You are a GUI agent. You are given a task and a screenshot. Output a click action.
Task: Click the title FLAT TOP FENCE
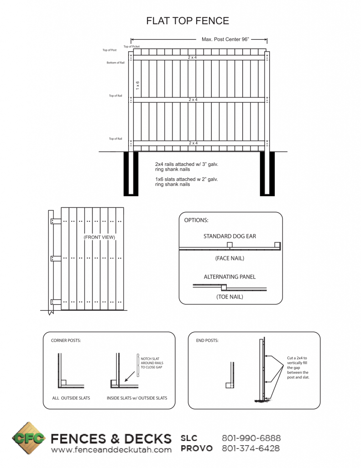click(187, 21)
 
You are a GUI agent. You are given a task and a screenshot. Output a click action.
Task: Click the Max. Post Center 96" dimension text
click(225, 39)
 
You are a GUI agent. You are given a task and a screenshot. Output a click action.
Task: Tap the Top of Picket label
click(131, 47)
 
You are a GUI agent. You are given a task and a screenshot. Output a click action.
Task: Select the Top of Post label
click(110, 50)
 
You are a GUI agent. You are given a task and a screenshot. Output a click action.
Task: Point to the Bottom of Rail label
click(115, 63)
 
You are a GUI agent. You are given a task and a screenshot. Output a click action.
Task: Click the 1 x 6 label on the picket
click(137, 85)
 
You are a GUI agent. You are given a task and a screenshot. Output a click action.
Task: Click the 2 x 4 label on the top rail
click(193, 58)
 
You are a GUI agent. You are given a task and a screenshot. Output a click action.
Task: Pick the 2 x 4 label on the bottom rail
click(193, 143)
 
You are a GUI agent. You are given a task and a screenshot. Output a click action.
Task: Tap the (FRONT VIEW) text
click(99, 237)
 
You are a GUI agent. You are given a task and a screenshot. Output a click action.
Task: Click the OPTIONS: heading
click(196, 220)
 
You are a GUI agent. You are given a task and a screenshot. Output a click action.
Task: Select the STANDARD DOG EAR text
click(230, 236)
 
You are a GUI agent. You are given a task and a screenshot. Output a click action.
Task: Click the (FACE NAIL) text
click(230, 258)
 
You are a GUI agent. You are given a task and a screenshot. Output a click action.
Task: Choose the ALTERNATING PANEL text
click(230, 277)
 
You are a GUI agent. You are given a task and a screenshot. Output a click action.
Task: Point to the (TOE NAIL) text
click(230, 297)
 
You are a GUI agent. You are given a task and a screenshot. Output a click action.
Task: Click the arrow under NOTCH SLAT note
click(131, 376)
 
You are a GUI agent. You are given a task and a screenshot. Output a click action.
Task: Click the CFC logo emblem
click(29, 439)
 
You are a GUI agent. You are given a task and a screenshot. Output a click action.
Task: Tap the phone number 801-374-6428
click(251, 448)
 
